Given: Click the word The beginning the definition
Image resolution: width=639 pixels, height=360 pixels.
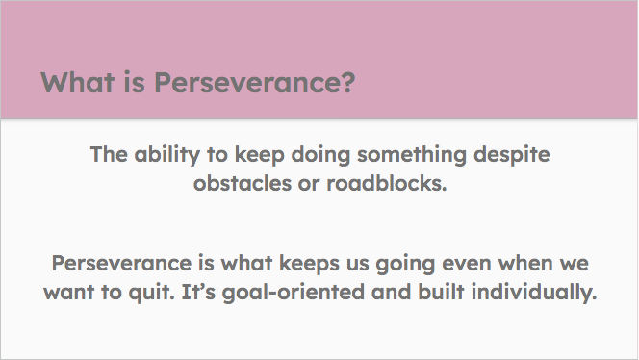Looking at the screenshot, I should (x=108, y=154).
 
